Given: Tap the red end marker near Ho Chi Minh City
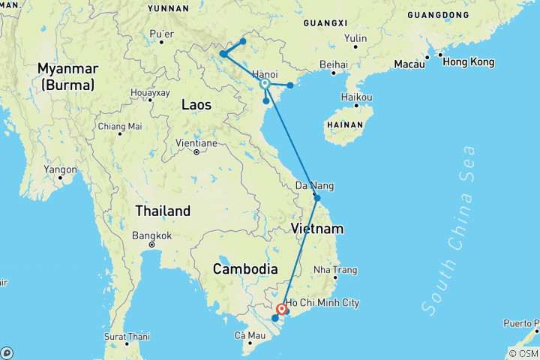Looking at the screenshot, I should point(282,309).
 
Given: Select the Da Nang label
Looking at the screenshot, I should point(314,185).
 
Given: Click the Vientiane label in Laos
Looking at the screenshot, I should point(196,142).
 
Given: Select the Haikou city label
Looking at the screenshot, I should point(356,97).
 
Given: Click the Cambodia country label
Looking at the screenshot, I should point(245,268).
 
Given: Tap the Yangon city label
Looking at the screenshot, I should point(60,169).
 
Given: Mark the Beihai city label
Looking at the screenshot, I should point(334,64).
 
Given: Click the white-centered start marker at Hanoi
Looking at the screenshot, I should point(265,84).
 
